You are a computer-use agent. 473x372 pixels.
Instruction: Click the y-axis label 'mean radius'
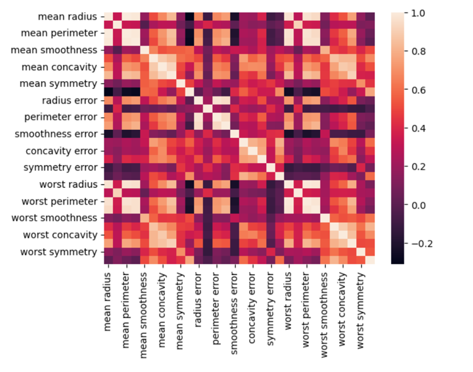(66, 16)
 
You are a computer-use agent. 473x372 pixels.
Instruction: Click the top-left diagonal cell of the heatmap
(108, 16)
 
